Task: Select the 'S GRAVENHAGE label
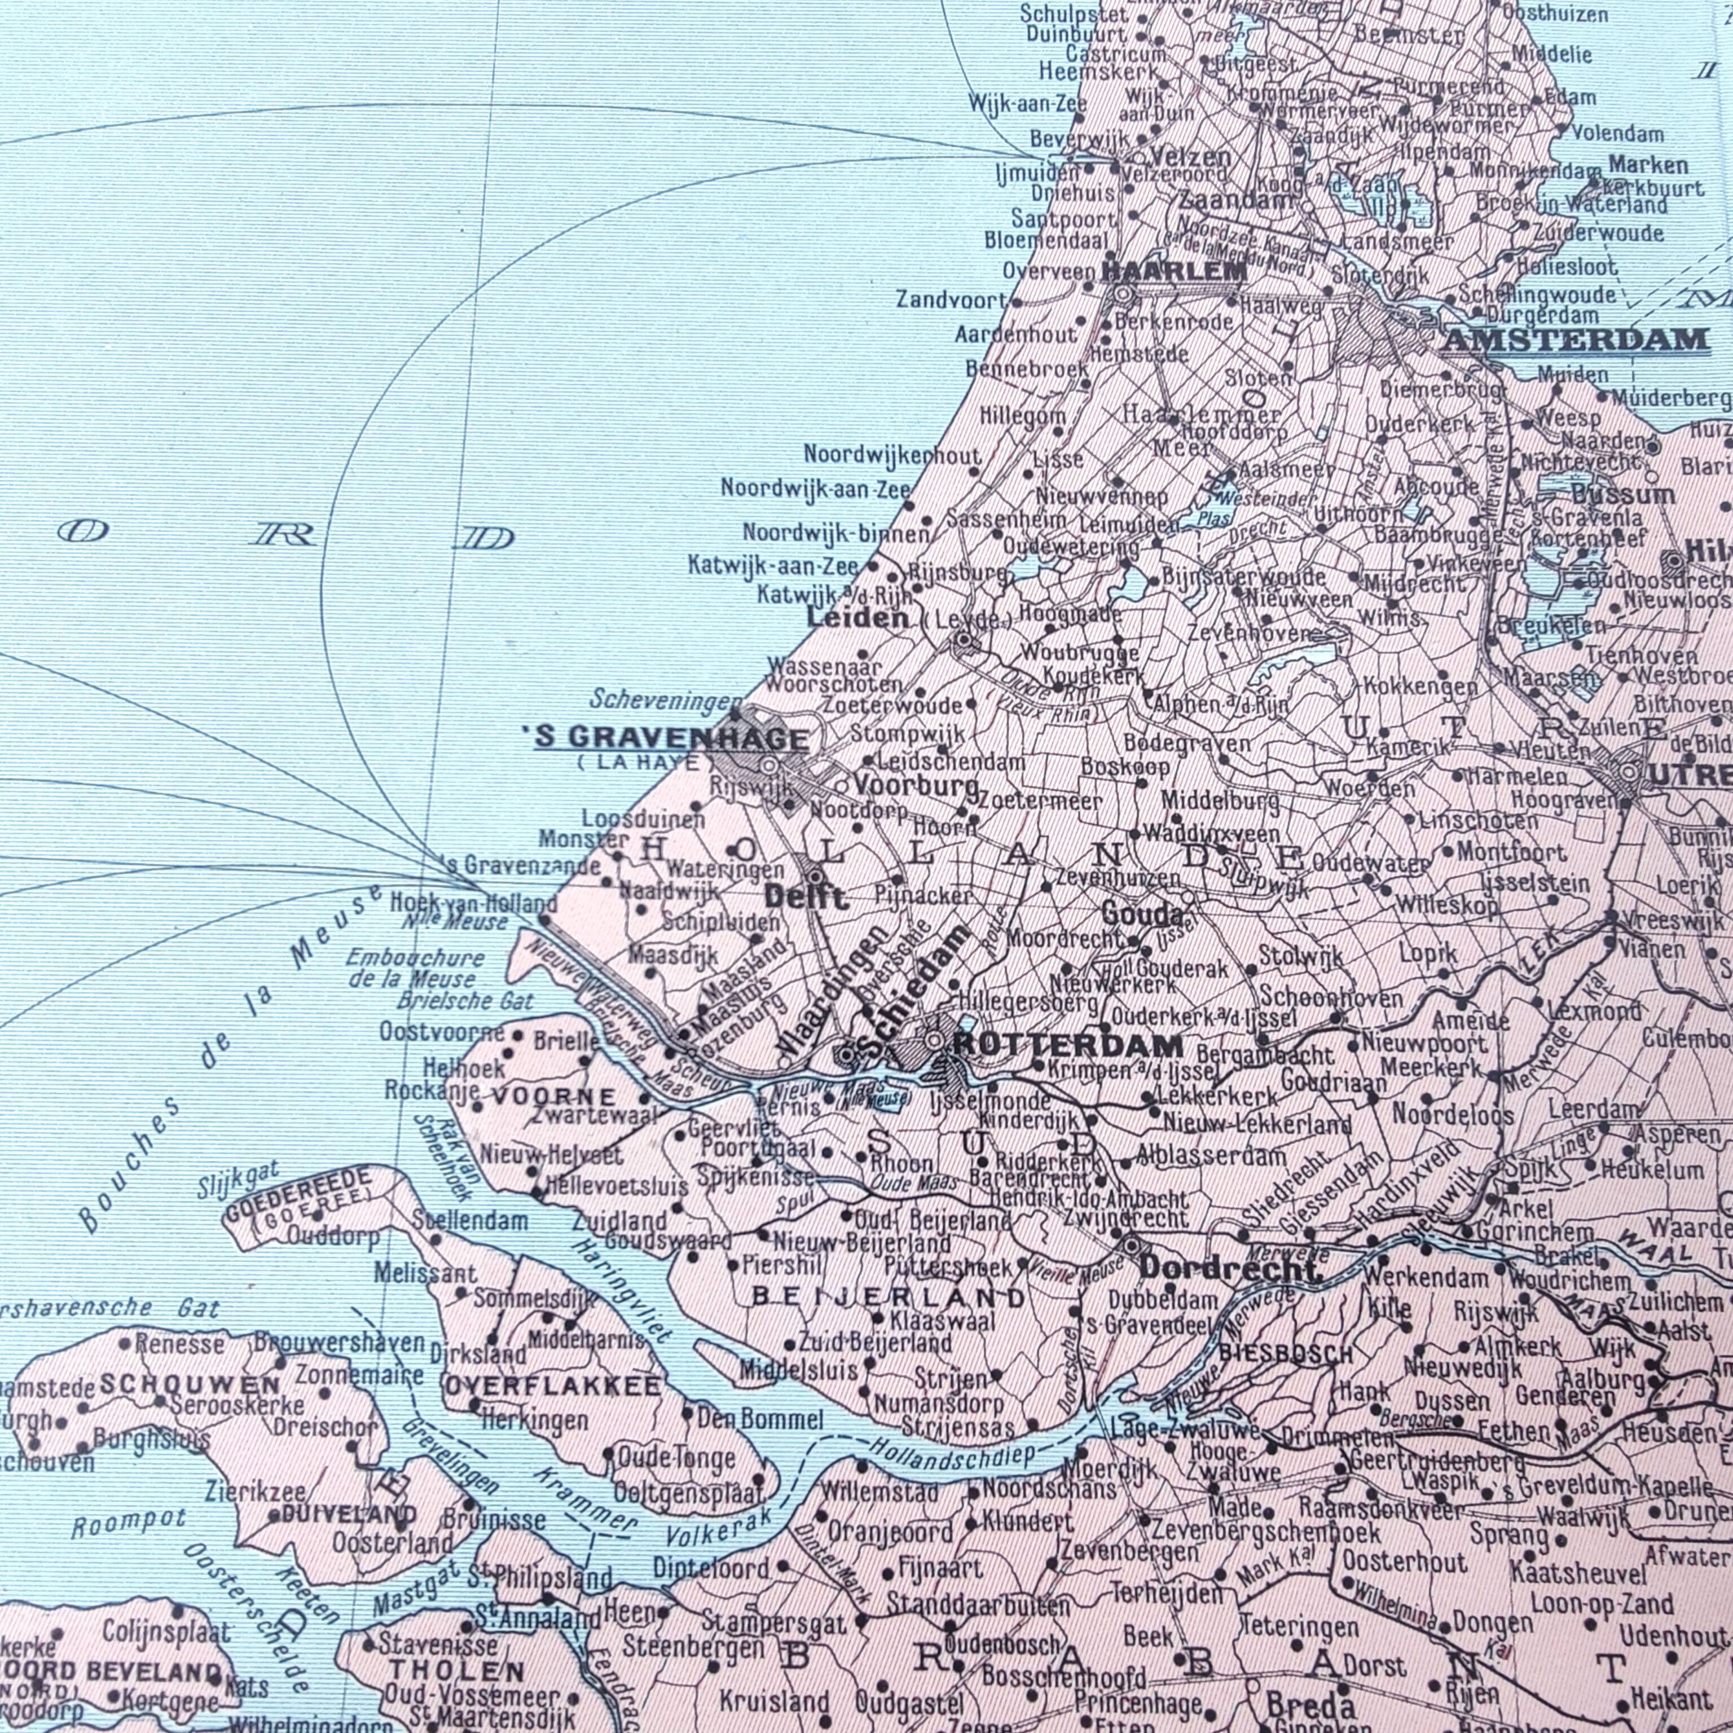(671, 738)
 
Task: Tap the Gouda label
(1141, 916)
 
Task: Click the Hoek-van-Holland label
(474, 903)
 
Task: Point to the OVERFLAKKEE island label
(553, 1386)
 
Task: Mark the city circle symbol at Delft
(815, 876)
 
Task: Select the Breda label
(1297, 1678)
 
